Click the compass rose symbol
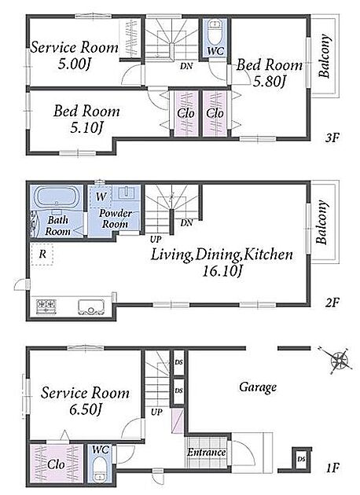tap(339, 360)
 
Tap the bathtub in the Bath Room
tap(57, 197)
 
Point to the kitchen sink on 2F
tap(91, 307)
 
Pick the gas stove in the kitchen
tap(46, 306)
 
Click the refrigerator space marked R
tap(42, 254)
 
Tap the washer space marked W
tap(101, 196)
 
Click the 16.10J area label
tap(222, 271)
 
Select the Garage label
tap(258, 387)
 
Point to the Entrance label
tap(206, 453)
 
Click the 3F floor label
tap(332, 137)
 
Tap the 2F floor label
tap(332, 302)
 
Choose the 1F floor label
tap(332, 467)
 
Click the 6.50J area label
tap(85, 410)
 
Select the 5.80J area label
tap(269, 82)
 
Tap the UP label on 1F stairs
tap(156, 412)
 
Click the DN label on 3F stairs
tap(186, 66)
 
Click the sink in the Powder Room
tap(127, 192)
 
